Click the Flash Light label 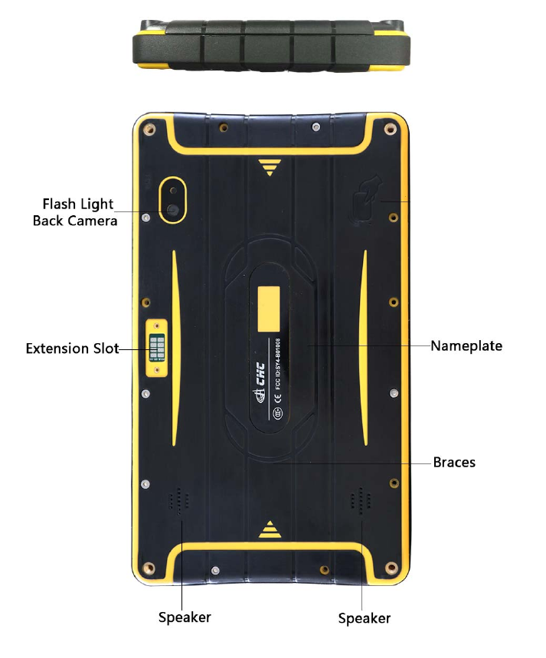(77, 205)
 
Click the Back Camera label (75, 221)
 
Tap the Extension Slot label (72, 349)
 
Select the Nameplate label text (466, 346)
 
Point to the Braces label (454, 463)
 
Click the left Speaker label (185, 617)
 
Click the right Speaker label (365, 618)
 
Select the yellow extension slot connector (157, 349)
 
